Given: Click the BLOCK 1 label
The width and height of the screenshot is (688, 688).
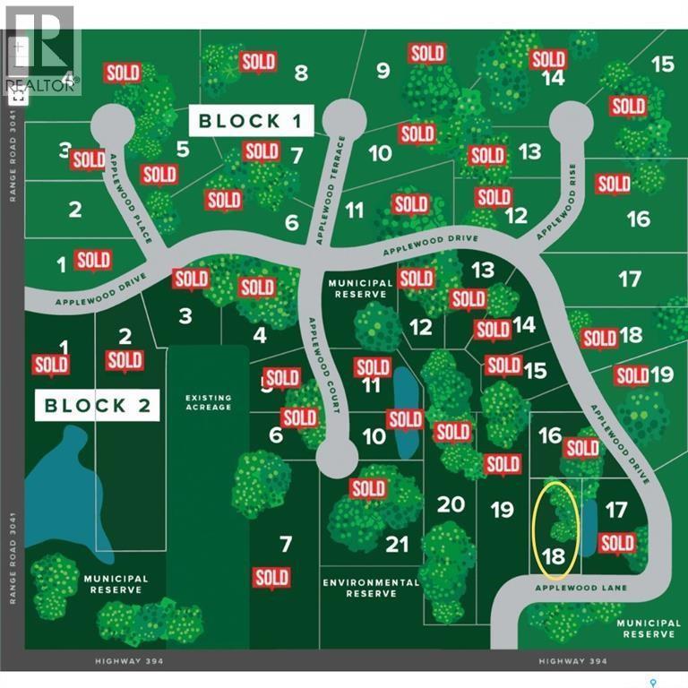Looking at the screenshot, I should tap(253, 121).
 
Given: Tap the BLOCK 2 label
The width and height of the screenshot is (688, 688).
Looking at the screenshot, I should tap(99, 405).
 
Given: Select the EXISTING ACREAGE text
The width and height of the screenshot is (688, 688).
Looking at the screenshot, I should tap(208, 402).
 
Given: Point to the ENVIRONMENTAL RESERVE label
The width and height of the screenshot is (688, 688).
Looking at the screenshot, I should tap(370, 588).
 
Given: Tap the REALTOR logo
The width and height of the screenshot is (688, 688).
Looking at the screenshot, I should tap(41, 49).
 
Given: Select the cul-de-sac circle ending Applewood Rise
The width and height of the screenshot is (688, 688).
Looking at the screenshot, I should tap(572, 122).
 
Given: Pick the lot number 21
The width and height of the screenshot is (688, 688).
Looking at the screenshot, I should tap(396, 544).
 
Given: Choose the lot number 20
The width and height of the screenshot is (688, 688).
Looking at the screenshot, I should tap(451, 504).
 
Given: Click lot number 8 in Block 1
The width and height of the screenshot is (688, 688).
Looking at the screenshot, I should tap(301, 73).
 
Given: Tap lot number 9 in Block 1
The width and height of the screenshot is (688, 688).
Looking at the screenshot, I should tap(383, 70).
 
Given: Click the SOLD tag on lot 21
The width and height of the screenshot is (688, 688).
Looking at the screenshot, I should tap(368, 488).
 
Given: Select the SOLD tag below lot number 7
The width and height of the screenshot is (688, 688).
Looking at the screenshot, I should tap(271, 578).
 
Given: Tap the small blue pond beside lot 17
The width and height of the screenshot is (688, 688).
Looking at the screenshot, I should tap(589, 527).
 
